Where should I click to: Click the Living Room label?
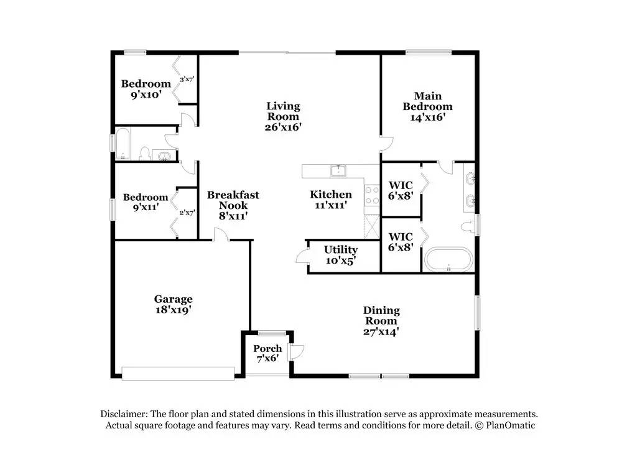click(x=283, y=111)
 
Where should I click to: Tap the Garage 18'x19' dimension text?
click(x=174, y=309)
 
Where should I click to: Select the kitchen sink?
click(x=338, y=170)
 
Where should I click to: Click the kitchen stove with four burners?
click(x=372, y=195)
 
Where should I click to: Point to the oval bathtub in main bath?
click(x=448, y=259)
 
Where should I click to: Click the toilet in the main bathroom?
click(x=468, y=227)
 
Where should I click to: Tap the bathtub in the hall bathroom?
click(x=123, y=143)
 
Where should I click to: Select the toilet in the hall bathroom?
click(x=145, y=154)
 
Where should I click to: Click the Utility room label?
click(x=341, y=249)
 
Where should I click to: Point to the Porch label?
click(x=267, y=349)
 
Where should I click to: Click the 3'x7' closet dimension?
click(x=187, y=80)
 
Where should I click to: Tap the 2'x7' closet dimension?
click(x=187, y=213)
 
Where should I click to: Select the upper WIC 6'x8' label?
click(x=401, y=190)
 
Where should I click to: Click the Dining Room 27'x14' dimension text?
click(x=381, y=331)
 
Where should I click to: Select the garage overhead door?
click(x=178, y=374)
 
